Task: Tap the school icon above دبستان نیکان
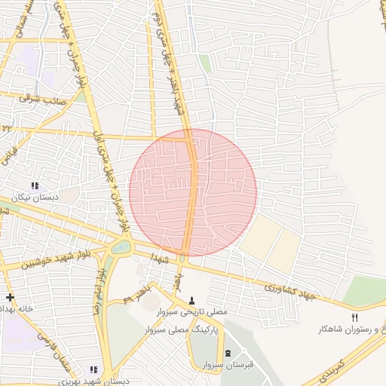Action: pyautogui.click(x=34, y=185)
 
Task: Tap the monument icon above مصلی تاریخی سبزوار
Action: pyautogui.click(x=191, y=300)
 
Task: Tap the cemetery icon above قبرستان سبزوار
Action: pyautogui.click(x=228, y=354)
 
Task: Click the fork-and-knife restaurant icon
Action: pyautogui.click(x=354, y=317)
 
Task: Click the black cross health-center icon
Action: pyautogui.click(x=9, y=298)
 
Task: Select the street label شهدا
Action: pyautogui.click(x=158, y=258)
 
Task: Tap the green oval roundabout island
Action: pyautogui.click(x=121, y=247)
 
